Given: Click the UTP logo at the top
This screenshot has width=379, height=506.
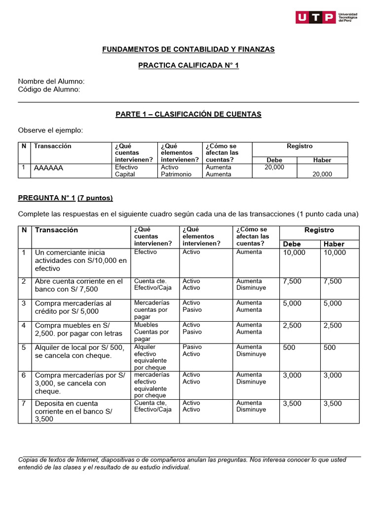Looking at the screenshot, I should [326, 17].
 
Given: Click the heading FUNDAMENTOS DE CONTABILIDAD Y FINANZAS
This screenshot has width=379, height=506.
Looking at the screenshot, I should [188, 49].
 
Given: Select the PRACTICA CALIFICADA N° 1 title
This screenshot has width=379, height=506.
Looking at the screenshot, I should [188, 65].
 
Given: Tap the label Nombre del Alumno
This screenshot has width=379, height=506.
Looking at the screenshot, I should [51, 81].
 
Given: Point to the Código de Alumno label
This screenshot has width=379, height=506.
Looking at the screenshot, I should [49, 89].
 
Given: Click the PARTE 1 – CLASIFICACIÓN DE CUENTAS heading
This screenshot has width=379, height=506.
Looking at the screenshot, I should [188, 114].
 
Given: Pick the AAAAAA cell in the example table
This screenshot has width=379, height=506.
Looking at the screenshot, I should [49, 168].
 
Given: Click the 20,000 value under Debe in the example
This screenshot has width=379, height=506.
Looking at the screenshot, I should [274, 168].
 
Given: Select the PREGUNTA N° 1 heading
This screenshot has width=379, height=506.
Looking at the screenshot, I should [46, 198].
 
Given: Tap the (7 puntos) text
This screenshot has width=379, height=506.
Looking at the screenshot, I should [95, 198].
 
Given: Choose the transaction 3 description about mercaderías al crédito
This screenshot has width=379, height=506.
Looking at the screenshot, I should [74, 307].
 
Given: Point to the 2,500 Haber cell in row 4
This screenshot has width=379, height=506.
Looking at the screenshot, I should [333, 325].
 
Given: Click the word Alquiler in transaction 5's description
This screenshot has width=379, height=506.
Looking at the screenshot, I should [48, 347].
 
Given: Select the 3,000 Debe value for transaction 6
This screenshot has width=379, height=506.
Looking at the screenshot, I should [292, 376].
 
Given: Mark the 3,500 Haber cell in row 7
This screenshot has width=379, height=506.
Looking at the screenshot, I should [333, 404].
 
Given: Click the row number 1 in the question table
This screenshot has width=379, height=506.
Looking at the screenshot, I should [23, 253].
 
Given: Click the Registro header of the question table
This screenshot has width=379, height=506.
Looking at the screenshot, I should [319, 230].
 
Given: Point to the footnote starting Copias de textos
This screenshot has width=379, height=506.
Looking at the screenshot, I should [182, 464].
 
